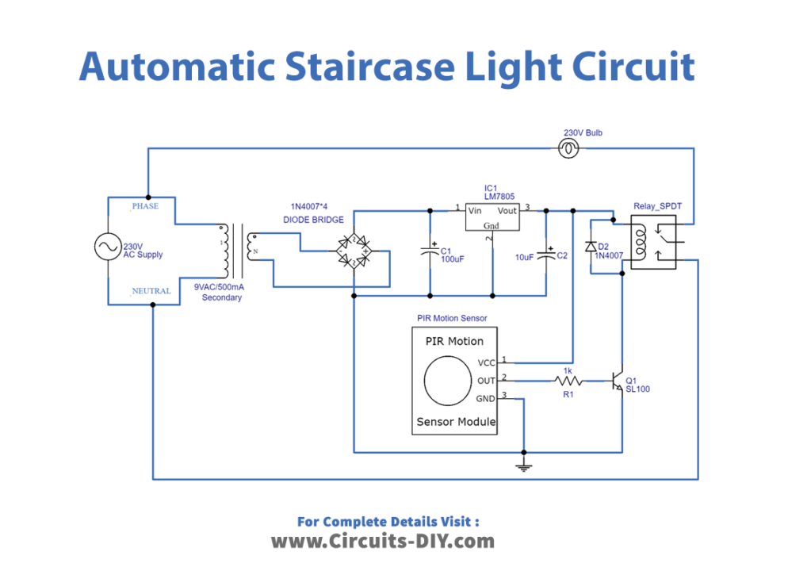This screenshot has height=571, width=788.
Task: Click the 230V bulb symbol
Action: (568, 148)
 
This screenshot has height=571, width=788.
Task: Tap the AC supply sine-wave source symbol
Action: (107, 248)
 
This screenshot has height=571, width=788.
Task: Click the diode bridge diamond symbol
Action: (353, 250)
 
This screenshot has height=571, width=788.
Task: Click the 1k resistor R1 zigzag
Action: (567, 381)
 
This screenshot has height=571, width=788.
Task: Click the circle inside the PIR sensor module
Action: (449, 381)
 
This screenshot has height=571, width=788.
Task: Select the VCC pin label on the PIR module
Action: (486, 362)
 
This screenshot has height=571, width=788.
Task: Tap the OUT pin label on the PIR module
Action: (486, 381)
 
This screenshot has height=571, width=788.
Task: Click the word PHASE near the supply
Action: (145, 206)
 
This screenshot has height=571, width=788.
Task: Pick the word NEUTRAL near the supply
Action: (151, 291)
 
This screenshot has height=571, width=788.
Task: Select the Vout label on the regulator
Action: (507, 210)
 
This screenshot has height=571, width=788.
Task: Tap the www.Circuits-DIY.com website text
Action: (383, 542)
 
